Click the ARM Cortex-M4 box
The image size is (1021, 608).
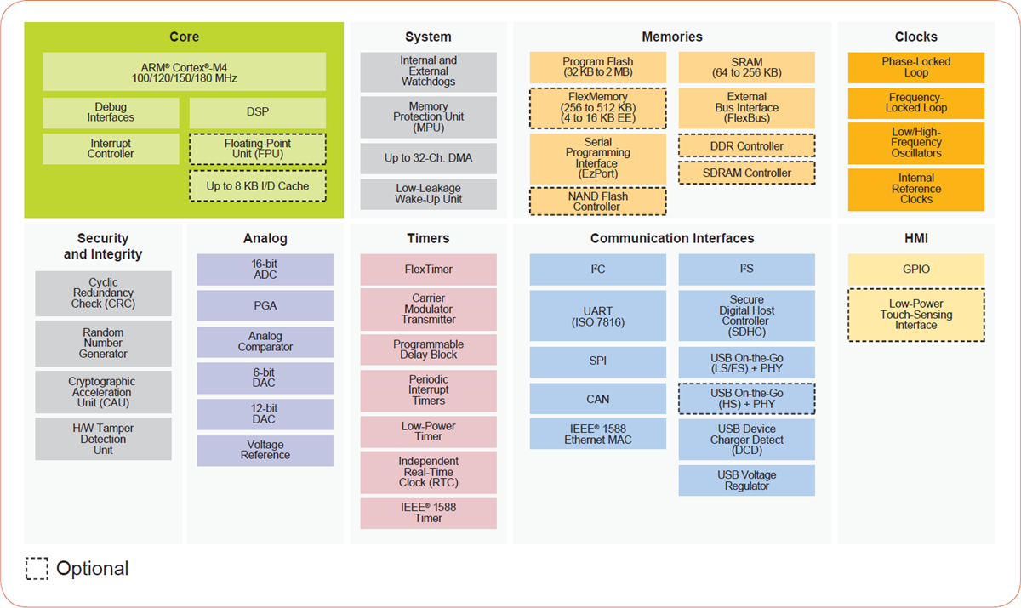click(x=184, y=72)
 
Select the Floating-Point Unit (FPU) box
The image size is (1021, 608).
click(x=257, y=149)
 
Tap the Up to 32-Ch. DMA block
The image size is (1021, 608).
click(x=428, y=159)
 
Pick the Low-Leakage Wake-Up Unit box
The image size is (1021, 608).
click(x=428, y=194)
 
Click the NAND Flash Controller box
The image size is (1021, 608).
click(x=597, y=202)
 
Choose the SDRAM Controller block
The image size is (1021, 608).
click(x=746, y=173)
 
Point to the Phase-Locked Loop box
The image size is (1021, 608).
click(x=915, y=67)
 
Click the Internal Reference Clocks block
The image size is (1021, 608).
click(x=915, y=189)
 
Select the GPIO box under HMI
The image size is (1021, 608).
click(x=915, y=270)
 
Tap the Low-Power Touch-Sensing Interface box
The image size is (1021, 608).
click(x=915, y=315)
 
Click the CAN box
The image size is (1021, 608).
click(x=597, y=399)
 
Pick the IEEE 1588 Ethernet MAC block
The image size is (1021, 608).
click(x=597, y=434)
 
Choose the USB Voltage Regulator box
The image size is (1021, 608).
click(x=746, y=480)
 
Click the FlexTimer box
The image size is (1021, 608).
click(x=428, y=270)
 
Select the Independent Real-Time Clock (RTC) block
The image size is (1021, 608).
click(x=428, y=472)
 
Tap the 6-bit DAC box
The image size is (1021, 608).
click(x=265, y=378)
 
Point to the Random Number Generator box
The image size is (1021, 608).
click(x=103, y=344)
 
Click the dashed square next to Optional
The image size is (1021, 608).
click(x=37, y=569)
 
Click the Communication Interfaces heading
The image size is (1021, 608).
click(x=672, y=238)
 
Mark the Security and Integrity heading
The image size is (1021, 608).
click(x=103, y=247)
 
